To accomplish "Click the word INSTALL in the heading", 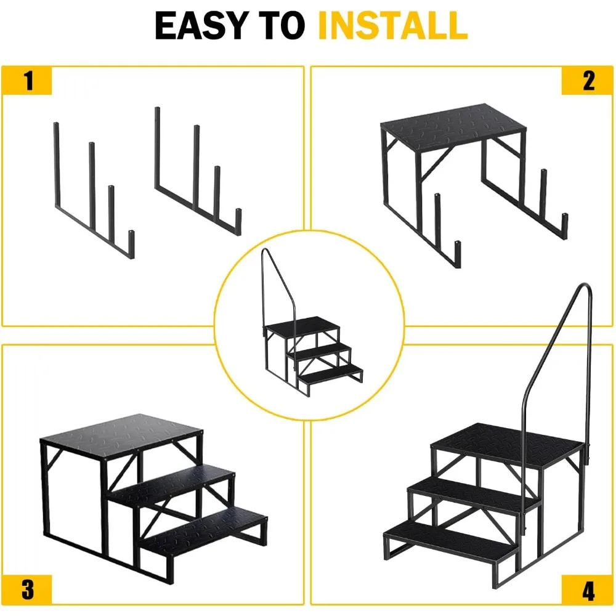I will pos(392,26).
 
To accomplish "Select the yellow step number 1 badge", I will pos(28,81).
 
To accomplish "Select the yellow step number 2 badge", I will pos(588,81).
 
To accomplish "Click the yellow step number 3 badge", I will pos(28,589).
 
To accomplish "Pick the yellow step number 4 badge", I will pos(588,589).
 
